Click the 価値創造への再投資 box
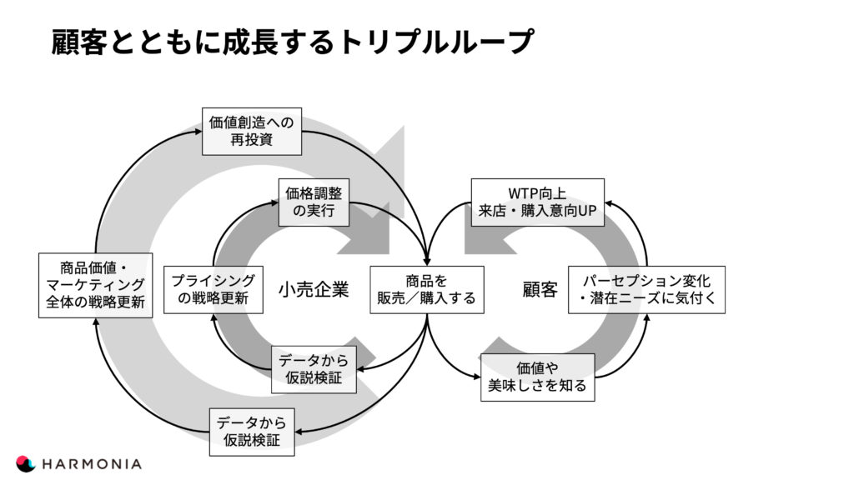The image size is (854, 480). pos(252,131)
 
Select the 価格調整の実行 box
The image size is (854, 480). pos(314,202)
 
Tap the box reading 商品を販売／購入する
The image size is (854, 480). pos(427,289)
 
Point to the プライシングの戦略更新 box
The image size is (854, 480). pos(213,289)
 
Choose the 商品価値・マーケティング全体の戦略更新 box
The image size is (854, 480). pos(95,285)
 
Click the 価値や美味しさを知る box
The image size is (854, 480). pos(538,377)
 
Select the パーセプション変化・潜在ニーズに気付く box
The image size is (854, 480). pos(646,289)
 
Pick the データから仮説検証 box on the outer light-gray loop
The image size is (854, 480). pos(252,432)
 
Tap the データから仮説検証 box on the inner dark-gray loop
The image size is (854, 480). pos(314,369)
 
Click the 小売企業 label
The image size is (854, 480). pos(314,289)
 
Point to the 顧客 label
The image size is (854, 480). pos(540,289)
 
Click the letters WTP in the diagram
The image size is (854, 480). pos(522,193)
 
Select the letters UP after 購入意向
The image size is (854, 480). pos(588,211)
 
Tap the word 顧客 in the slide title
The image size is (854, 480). pos(79,42)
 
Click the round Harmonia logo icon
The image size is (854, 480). pos(26,463)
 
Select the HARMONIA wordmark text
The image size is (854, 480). pos(92,464)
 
